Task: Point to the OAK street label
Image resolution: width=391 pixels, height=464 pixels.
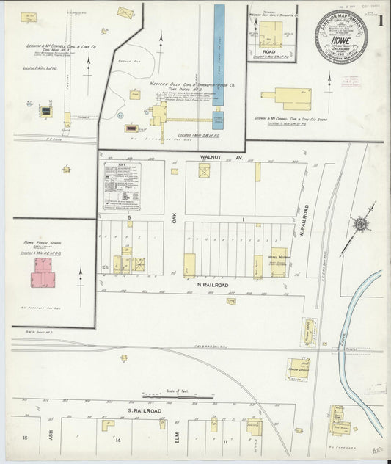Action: point(175,218)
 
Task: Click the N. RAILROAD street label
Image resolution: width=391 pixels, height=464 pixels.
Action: point(212,284)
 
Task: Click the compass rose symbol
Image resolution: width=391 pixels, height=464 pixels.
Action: point(361,224)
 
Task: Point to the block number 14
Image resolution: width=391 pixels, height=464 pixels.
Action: point(117,440)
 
